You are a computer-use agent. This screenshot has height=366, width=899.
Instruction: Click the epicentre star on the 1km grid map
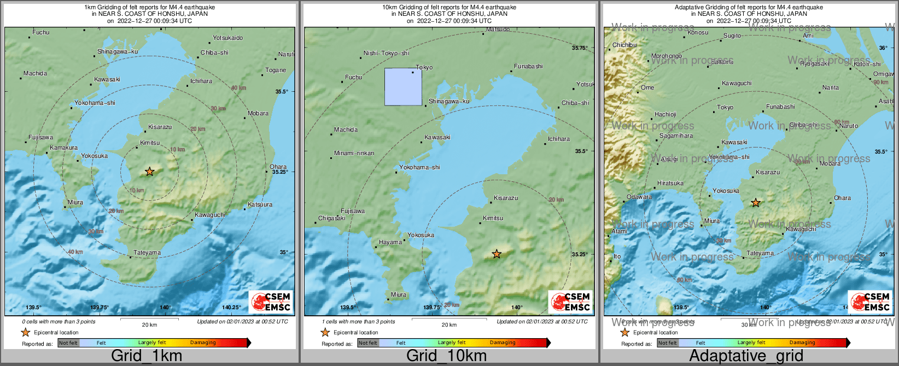[149, 172]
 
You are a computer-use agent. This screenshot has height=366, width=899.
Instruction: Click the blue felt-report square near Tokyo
[403, 86]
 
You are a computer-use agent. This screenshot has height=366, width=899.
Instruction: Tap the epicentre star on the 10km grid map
[497, 254]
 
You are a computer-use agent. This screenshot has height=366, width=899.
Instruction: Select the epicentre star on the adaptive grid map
[756, 203]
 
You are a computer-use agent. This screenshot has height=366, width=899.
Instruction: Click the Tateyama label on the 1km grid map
[147, 252]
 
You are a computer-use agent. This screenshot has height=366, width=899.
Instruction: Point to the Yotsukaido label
[227, 38]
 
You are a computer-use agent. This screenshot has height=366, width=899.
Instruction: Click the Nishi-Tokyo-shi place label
[386, 53]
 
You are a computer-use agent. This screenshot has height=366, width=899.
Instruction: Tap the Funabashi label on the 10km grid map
[528, 66]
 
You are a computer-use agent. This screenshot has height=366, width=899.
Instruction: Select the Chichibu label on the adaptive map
[624, 45]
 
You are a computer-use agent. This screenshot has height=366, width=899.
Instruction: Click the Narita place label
[830, 87]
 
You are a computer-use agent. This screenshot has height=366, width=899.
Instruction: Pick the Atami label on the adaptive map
[619, 231]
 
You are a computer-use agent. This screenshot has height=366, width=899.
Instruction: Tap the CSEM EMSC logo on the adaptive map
[870, 302]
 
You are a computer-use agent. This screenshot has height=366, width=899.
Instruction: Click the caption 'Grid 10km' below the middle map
[446, 356]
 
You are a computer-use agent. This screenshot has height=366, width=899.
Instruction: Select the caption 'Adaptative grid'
[746, 356]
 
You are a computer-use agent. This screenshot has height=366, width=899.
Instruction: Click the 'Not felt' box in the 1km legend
[68, 343]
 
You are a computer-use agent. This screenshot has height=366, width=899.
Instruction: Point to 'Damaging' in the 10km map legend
[503, 343]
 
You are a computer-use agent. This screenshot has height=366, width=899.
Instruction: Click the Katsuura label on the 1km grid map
[260, 204]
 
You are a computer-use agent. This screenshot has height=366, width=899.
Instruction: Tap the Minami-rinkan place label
[354, 153]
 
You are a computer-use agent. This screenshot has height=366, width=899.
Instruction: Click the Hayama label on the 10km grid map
[390, 242]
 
